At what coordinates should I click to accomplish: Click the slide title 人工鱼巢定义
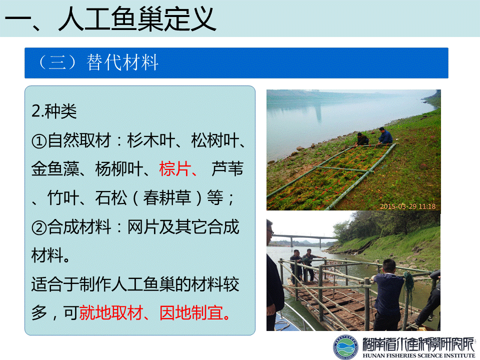pos(137,19)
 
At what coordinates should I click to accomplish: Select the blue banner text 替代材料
pos(122,62)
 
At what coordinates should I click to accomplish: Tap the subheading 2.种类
pos(54,111)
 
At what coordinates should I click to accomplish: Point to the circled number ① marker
pos(39,141)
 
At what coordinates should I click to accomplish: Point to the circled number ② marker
pos(39,228)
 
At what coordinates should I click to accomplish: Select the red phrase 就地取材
pos(111,313)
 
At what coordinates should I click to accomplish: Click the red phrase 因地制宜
pos(191,313)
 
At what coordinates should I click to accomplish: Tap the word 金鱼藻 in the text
pos(55,168)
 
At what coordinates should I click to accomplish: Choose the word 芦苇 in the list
pos(227,168)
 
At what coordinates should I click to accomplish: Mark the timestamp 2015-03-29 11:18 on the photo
pos(408,206)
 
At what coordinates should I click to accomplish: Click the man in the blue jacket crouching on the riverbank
pos(385,136)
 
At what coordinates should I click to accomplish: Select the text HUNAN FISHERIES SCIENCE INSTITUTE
pos(418,355)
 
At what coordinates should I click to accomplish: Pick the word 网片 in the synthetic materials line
pos(143,227)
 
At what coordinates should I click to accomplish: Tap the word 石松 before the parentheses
pos(111,198)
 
